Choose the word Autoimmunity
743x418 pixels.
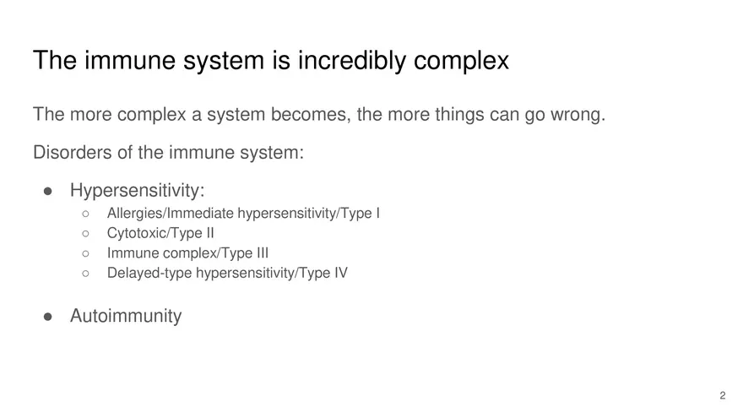pos(125,317)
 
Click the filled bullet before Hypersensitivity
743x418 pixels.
pos(49,192)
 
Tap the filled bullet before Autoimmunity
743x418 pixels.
pos(49,317)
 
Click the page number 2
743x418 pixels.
pos(722,395)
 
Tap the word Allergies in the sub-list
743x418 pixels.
pos(135,213)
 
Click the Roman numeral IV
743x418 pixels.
pos(339,274)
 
